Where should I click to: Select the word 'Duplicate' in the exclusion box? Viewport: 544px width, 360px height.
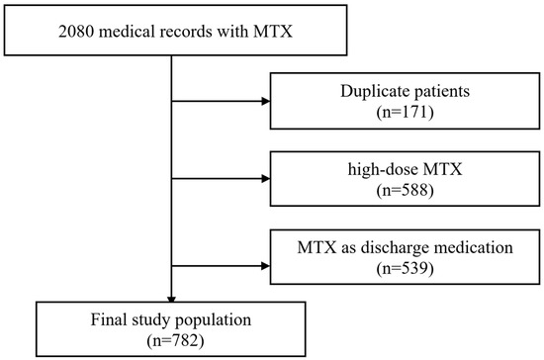pyautogui.click(x=378, y=93)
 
